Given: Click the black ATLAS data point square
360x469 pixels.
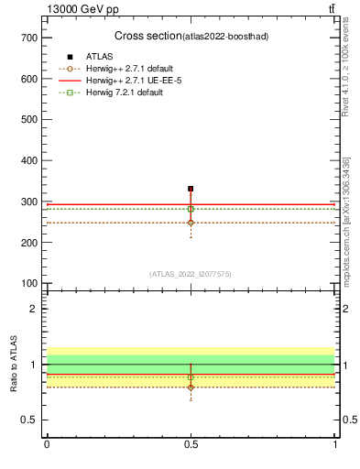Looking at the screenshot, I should pos(191,189).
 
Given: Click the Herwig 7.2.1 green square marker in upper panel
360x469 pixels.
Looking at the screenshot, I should pos(191,209).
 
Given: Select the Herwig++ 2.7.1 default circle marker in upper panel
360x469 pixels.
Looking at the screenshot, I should pos(191,223).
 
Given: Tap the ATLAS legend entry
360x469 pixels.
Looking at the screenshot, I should pos(100,57).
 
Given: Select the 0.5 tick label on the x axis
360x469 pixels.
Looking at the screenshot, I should pos(191,444).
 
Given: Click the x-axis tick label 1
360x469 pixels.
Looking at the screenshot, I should pos(335,444).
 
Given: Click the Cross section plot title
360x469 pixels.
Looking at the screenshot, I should pos(191,36).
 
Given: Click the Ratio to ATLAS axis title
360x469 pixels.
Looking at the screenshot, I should pos(14,365).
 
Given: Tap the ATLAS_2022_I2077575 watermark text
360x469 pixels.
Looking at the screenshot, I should pos(191,273).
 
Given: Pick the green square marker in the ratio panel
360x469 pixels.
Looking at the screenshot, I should pos(191,377).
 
